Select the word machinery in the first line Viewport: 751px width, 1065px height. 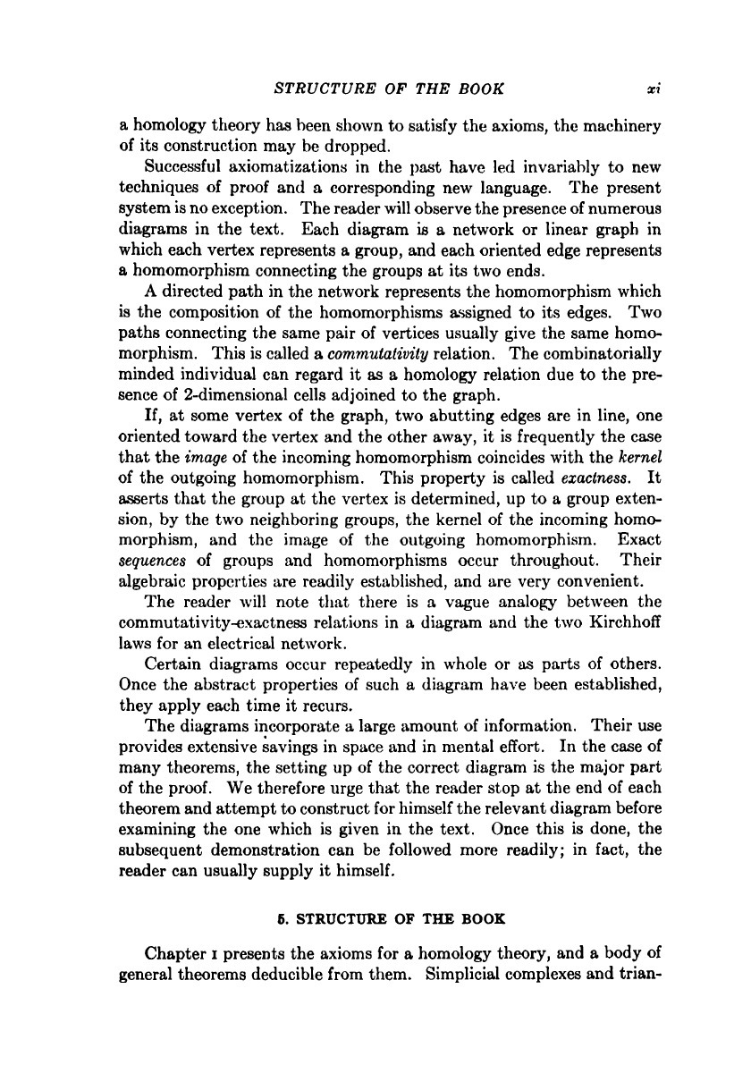618,127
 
